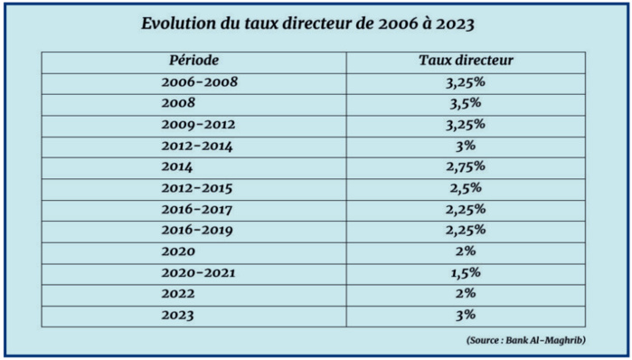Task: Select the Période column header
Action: pos(193,61)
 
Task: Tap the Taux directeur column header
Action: pos(467,61)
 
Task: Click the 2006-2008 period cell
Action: pos(198,82)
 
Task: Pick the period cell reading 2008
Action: pos(177,103)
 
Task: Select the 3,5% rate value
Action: pos(467,103)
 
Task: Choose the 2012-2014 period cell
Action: pos(196,146)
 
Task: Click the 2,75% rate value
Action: pos(467,166)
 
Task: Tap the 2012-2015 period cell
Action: pos(196,188)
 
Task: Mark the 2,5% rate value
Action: pos(467,188)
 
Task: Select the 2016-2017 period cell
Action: pos(196,209)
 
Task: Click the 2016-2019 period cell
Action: pos(197,230)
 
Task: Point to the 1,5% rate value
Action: pos(467,272)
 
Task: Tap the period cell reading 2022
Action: pos(177,294)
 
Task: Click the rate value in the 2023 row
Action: pos(467,316)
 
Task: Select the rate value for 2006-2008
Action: pos(467,82)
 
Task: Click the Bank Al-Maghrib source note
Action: pos(527,340)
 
